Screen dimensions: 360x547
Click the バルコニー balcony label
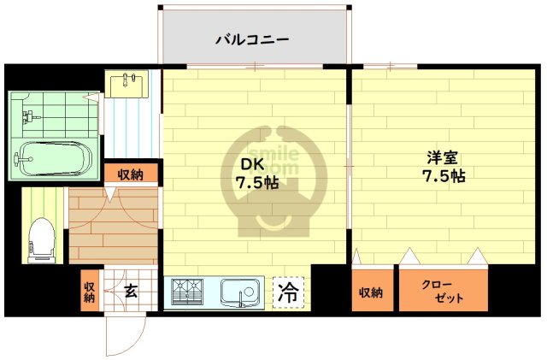[x=252, y=38]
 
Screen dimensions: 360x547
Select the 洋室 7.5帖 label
[x=445, y=166]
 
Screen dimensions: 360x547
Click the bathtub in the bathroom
[x=52, y=158]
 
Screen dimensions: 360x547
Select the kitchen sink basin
[x=237, y=292]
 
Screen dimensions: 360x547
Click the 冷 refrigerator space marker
[x=288, y=292]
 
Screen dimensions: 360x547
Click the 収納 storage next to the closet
[x=371, y=292]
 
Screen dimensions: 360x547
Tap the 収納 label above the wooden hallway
[x=130, y=174]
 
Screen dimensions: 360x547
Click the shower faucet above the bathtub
[x=29, y=115]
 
